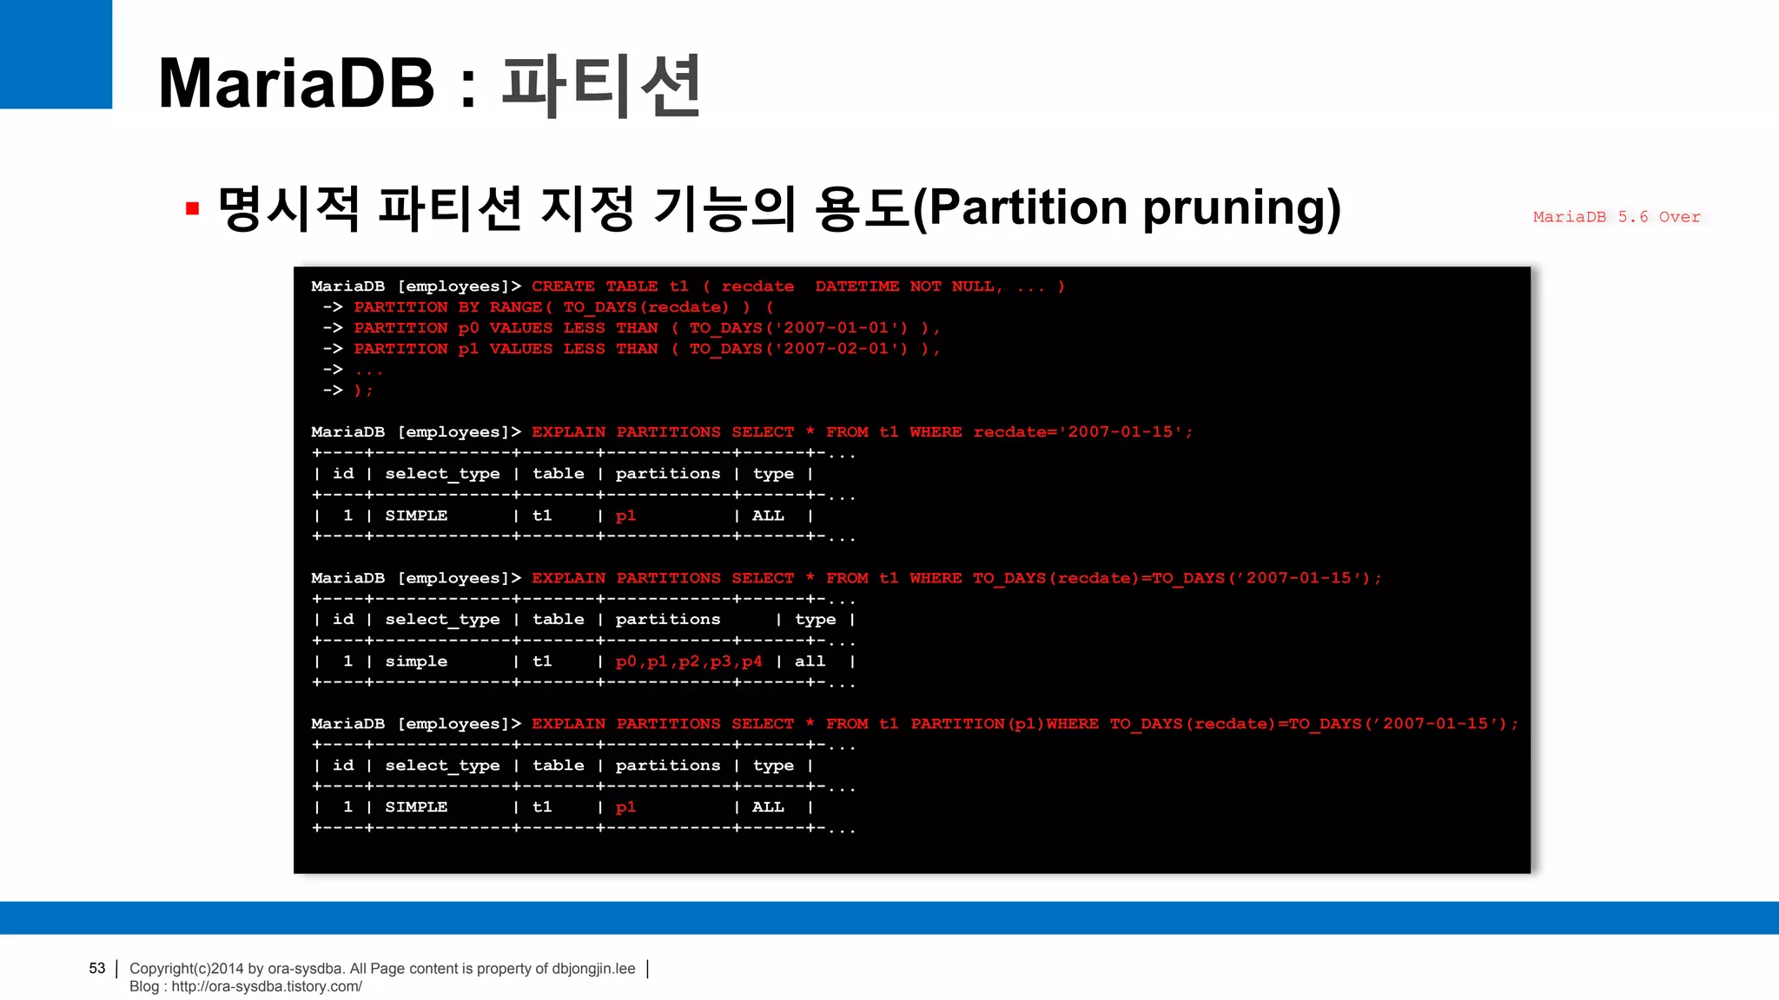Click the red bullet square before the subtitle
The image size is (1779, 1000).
(x=193, y=208)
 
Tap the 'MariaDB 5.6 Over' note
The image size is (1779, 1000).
(x=1616, y=217)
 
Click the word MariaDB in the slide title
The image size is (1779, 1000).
(x=296, y=83)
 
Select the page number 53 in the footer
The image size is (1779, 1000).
(x=96, y=968)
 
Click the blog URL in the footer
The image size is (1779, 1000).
(x=266, y=986)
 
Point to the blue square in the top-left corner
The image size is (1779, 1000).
(x=56, y=54)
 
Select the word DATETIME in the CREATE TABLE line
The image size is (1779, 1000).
(x=856, y=286)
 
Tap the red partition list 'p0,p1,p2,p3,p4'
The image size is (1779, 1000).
(x=689, y=661)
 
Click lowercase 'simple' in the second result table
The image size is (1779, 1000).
(x=416, y=661)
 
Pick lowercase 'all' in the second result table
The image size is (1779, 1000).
(x=810, y=661)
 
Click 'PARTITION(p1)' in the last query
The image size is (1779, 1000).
(x=977, y=724)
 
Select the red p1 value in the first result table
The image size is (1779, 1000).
(x=625, y=516)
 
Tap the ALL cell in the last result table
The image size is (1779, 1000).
(x=768, y=807)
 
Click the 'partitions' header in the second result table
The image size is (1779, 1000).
(x=668, y=620)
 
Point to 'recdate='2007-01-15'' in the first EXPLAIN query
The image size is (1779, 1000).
(x=1082, y=432)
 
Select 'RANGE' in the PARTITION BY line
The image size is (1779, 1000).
(x=515, y=307)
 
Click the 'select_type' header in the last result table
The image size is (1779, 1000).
(x=442, y=766)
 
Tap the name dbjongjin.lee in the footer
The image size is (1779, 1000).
(x=593, y=968)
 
